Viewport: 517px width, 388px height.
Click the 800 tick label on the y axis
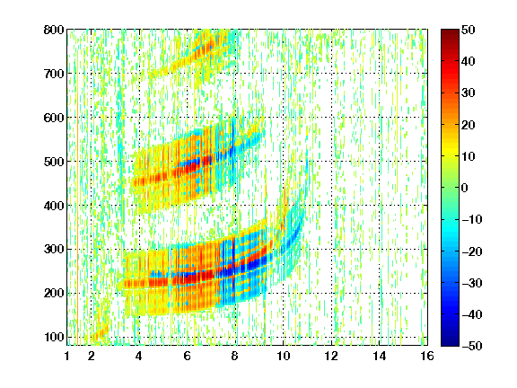click(x=54, y=30)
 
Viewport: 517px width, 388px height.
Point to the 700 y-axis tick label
click(x=54, y=74)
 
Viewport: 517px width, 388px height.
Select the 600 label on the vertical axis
click(x=54, y=118)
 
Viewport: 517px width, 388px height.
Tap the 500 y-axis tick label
click(x=54, y=162)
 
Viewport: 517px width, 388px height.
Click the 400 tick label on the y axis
click(x=54, y=206)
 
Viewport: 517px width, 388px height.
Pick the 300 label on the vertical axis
click(x=54, y=249)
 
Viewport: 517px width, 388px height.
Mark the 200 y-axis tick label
click(x=54, y=293)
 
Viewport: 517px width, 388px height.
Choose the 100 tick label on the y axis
click(x=54, y=337)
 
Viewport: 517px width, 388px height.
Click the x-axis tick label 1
click(x=67, y=356)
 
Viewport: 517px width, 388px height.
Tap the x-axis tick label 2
click(x=92, y=356)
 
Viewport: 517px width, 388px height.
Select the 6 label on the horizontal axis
click(x=188, y=356)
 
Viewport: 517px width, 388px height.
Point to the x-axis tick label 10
click(x=283, y=356)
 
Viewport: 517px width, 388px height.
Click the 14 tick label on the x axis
click(x=379, y=356)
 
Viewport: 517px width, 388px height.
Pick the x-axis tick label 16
click(x=426, y=356)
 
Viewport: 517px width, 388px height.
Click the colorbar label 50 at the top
click(x=469, y=30)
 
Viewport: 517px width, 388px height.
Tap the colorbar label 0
click(x=465, y=188)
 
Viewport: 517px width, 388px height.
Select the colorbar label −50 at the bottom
click(x=472, y=346)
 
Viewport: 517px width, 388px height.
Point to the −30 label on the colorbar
click(x=472, y=283)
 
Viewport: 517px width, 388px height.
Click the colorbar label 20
click(x=469, y=125)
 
